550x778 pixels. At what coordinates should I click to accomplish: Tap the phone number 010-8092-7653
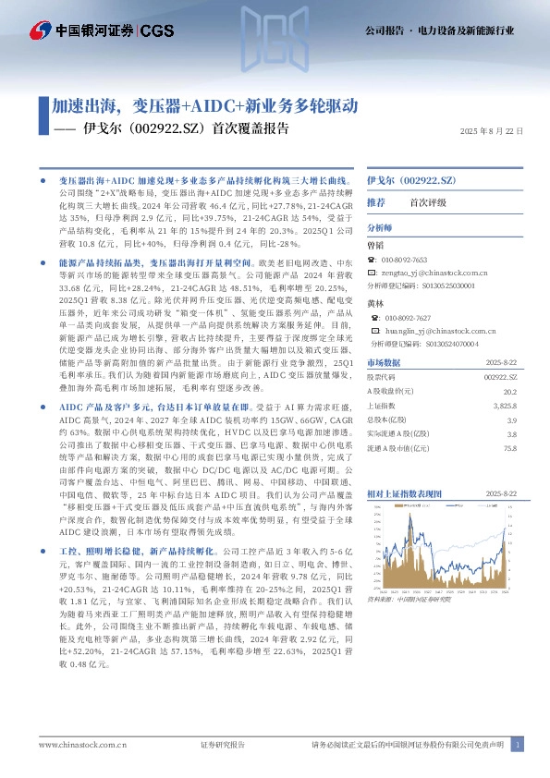pos(404,261)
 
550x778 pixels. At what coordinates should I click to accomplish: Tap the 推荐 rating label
pos(375,201)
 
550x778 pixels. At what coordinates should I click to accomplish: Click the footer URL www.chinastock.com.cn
pos(82,744)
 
